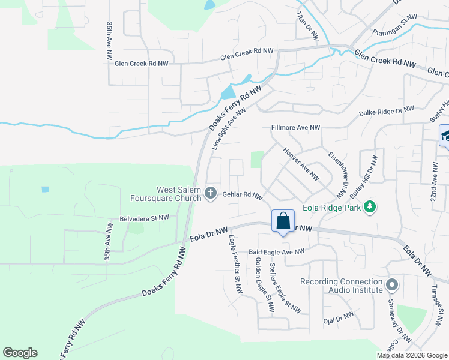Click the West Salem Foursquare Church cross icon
[x=210, y=193]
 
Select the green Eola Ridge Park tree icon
[x=371, y=207]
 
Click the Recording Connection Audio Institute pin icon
[x=392, y=284]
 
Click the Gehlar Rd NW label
[x=243, y=196]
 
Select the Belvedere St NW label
[x=144, y=218]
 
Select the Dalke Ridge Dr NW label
[x=387, y=110]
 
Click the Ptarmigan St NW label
[x=394, y=25]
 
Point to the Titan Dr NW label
[x=308, y=28]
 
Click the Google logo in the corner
[x=20, y=353]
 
